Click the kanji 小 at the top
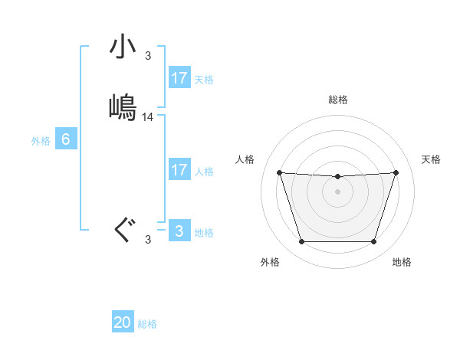click(x=123, y=48)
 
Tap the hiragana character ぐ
click(x=123, y=229)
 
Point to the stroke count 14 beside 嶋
click(x=148, y=117)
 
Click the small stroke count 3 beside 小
click(x=148, y=56)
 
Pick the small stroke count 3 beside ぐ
click(x=148, y=240)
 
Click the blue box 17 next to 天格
click(x=179, y=78)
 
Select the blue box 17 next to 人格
click(x=179, y=170)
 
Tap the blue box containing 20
click(x=123, y=322)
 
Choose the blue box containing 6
click(x=66, y=139)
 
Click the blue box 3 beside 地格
click(x=179, y=231)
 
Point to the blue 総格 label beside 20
click(x=147, y=324)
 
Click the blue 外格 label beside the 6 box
click(x=41, y=141)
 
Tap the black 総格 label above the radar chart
click(x=337, y=100)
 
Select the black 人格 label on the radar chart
click(x=245, y=159)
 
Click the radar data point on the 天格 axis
click(x=396, y=172)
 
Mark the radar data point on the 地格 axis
click(x=373, y=242)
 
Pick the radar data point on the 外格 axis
click(x=301, y=242)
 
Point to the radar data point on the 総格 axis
click(x=337, y=177)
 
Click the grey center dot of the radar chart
click(x=337, y=191)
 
